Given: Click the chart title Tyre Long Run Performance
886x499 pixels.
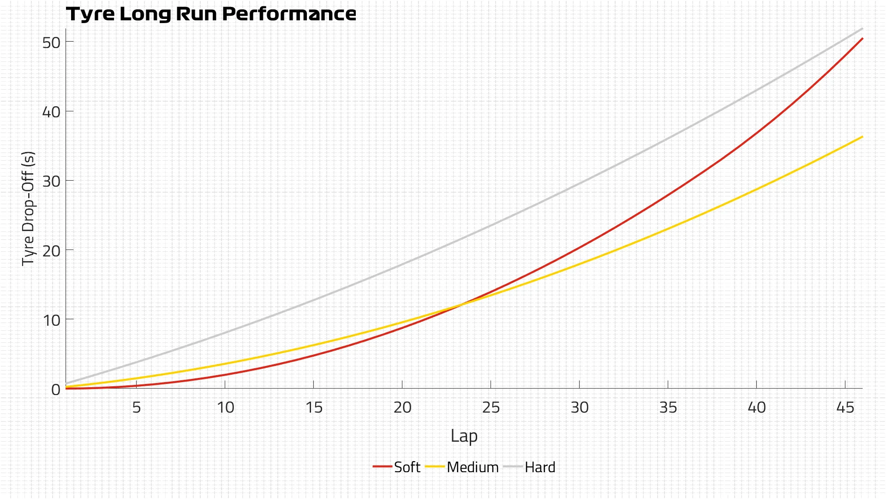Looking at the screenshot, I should tap(211, 14).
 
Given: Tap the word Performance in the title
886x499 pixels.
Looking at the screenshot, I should tap(289, 14).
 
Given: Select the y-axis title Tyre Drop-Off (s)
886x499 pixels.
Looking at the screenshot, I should tap(29, 208).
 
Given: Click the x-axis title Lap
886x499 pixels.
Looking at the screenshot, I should tap(464, 436).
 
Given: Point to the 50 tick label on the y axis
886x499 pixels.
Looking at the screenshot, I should tap(51, 43).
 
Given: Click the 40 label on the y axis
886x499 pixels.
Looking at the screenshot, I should tap(51, 112).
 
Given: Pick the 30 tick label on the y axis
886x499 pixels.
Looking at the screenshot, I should tap(51, 181).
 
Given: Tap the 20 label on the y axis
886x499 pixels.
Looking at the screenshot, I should tap(51, 250).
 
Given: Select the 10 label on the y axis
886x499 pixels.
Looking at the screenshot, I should tap(51, 320).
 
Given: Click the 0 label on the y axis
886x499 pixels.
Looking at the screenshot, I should tap(56, 389).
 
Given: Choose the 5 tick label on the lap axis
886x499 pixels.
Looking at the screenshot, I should tap(137, 407).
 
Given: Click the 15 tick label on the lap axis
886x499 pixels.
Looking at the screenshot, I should tap(314, 407).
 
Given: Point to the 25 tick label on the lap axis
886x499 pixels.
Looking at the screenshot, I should tap(491, 407).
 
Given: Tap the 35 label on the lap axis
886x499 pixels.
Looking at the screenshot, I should tap(668, 407).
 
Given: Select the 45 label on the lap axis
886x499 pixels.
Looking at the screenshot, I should tap(845, 407).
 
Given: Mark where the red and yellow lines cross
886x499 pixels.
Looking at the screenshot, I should tap(460, 304).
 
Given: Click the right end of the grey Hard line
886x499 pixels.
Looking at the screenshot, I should tap(862, 29).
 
